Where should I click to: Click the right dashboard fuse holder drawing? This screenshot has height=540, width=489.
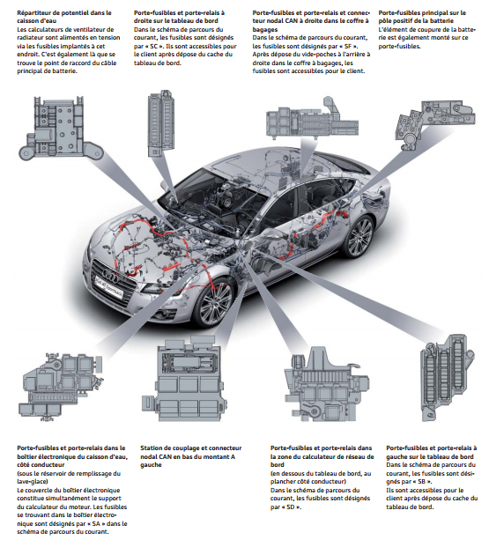click(161, 124)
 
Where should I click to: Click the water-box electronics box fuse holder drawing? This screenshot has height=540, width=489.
click(60, 387)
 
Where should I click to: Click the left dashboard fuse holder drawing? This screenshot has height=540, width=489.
click(447, 377)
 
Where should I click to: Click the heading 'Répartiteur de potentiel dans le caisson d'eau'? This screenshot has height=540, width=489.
click(64, 17)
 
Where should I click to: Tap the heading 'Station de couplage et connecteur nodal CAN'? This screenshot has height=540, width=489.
click(191, 452)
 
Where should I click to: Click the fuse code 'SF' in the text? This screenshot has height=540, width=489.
click(347, 46)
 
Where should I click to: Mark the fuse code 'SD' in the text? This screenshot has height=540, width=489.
click(291, 507)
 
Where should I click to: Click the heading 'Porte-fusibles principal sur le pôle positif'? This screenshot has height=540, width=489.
click(422, 17)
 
